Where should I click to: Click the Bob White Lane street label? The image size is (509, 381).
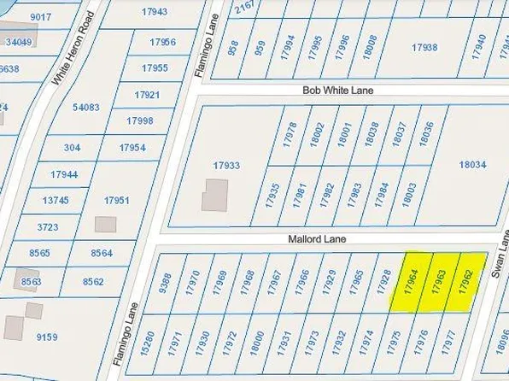[338, 90]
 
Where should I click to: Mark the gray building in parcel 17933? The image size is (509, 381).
[214, 195]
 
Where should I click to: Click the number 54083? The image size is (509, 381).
[85, 108]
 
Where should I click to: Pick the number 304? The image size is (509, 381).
[72, 148]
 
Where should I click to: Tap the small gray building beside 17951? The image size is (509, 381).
[106, 224]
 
